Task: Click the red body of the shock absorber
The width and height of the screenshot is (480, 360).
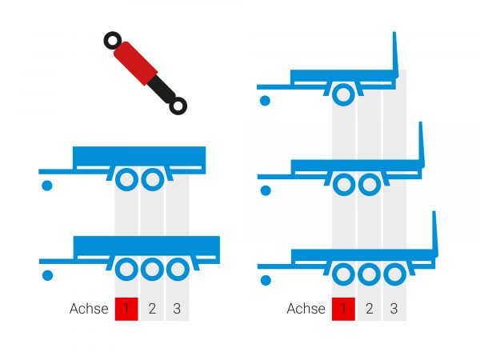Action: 136,63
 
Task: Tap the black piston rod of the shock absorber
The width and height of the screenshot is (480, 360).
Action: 162,89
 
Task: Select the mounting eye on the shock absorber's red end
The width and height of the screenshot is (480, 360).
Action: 113,41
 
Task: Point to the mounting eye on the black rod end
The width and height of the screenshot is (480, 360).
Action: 178,106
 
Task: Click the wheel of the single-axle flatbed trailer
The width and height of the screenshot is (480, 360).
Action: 343,94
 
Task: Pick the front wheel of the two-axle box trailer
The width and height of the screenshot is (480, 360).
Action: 126,179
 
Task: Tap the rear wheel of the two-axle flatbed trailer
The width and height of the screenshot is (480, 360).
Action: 369,185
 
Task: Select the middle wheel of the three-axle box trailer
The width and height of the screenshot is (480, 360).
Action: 152,270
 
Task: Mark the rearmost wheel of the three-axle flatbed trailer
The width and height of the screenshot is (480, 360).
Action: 394,274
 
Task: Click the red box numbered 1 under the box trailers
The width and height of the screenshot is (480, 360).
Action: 126,309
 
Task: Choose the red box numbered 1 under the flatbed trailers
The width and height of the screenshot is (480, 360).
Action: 343,309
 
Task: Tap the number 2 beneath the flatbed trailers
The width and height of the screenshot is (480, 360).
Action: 369,309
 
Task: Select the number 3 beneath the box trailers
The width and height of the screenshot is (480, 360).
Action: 177,309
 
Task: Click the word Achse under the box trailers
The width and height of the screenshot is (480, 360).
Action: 89,309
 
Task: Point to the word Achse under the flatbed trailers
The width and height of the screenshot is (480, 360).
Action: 306,309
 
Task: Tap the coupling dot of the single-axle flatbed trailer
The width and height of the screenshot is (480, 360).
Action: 265,101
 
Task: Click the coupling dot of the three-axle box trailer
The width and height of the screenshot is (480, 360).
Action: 47,275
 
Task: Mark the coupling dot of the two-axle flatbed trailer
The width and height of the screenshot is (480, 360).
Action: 266,190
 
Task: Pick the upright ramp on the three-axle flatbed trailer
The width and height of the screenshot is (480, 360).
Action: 435,234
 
